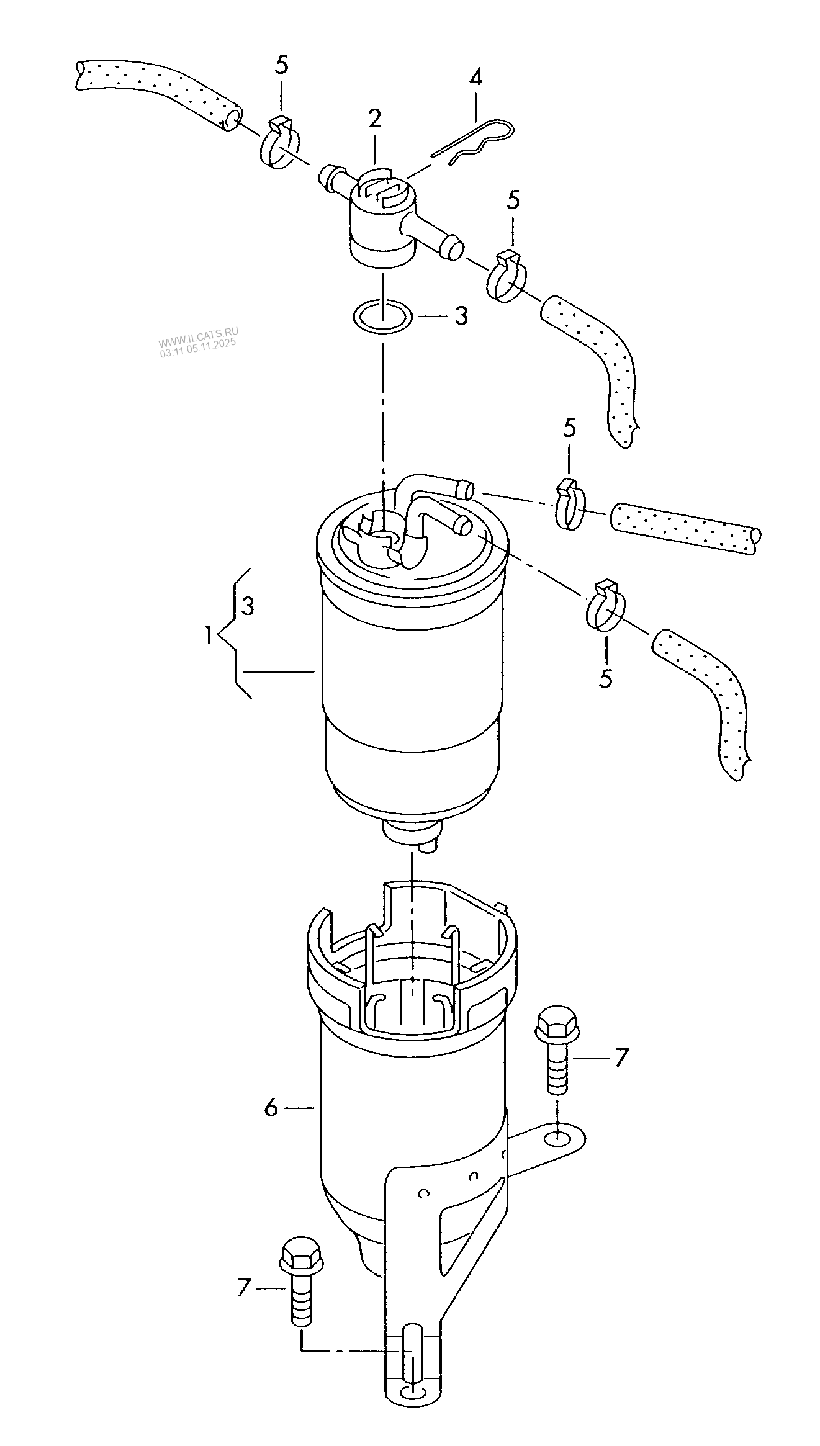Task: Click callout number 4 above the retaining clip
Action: pyautogui.click(x=475, y=78)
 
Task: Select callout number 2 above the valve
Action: pyautogui.click(x=374, y=119)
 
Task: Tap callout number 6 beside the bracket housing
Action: pyautogui.click(x=271, y=1107)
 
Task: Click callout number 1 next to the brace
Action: pyautogui.click(x=209, y=634)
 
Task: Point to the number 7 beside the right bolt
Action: pyautogui.click(x=621, y=1057)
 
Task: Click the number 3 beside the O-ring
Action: pyautogui.click(x=460, y=316)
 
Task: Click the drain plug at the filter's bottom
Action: pyautogui.click(x=413, y=834)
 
